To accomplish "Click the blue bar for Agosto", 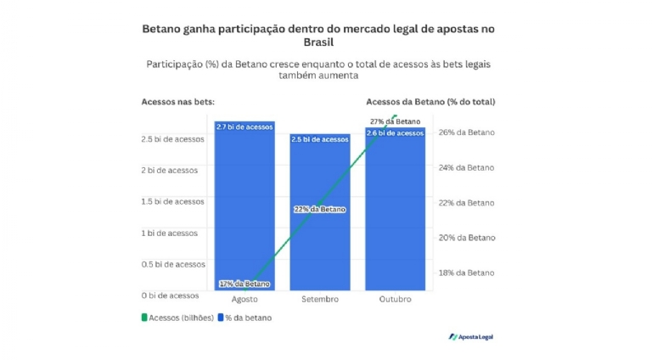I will tap(244, 204).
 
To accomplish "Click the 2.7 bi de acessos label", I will tap(244, 127).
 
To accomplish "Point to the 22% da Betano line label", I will tap(320, 209).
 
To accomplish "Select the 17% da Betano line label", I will tap(244, 284).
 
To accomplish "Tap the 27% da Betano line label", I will tap(395, 121).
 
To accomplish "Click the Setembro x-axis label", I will tap(320, 300).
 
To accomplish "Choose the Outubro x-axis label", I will tap(395, 300).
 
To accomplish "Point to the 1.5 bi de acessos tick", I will tap(172, 202).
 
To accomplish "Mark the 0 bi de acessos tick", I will tap(170, 295).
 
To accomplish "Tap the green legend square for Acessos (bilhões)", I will tap(144, 318).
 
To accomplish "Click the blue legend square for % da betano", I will tap(220, 318).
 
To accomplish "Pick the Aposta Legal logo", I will tap(470, 337).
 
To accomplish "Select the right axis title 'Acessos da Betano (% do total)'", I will tap(430, 102).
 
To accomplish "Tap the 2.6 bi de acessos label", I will tap(395, 133).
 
